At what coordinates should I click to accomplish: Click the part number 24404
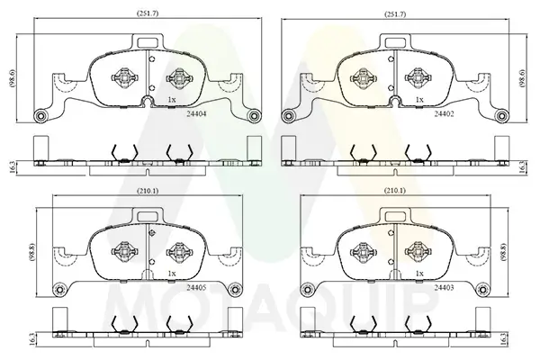(196, 114)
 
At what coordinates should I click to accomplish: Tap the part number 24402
(444, 114)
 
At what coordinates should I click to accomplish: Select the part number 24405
(196, 288)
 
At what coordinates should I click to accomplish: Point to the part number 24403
(444, 288)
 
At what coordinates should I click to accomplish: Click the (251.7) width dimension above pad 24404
(148, 13)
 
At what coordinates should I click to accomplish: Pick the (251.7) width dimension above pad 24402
(395, 14)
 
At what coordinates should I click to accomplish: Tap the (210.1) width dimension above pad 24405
(148, 191)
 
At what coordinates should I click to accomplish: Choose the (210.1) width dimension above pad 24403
(395, 190)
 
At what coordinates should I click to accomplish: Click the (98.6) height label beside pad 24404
(13, 79)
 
